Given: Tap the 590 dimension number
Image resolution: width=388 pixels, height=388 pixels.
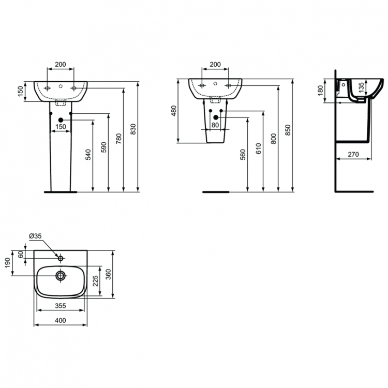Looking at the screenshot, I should [103, 147].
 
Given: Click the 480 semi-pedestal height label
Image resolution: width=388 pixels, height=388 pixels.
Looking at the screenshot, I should [174, 111].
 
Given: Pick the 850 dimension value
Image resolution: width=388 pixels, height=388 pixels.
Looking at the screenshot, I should [288, 129].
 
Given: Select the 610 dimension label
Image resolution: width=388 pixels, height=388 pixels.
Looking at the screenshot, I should [258, 148].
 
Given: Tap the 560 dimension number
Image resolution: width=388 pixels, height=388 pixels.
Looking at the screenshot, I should [243, 154].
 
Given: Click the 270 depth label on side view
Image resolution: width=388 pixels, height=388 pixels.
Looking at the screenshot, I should [353, 154].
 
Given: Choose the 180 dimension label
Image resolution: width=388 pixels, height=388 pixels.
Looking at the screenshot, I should [320, 91].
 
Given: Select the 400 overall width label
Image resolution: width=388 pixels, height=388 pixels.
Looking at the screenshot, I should [60, 321].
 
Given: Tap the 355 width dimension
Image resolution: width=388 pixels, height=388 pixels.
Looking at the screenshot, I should [60, 306].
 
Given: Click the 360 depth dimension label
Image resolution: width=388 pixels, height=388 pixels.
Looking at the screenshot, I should [109, 274].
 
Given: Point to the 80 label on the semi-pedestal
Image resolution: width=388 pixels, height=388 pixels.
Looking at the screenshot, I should [215, 125].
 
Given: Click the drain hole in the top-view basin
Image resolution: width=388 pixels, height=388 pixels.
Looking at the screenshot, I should [61, 276].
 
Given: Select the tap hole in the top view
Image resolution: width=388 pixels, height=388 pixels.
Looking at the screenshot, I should [61, 258].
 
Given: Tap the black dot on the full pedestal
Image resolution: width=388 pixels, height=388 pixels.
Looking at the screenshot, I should [61, 121].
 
